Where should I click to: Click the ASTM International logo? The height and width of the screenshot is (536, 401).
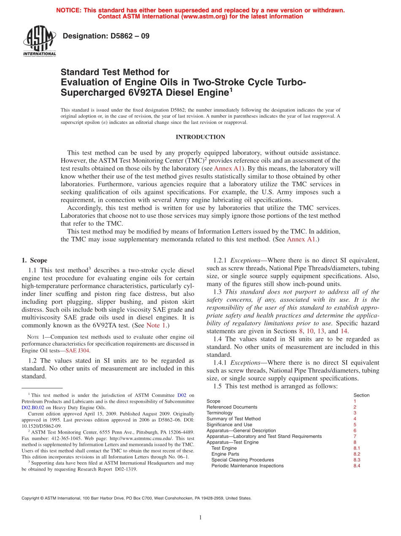coord(39,41)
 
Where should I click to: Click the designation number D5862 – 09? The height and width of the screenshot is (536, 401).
coord(106,36)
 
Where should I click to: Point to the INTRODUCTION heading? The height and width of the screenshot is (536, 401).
coord(200,137)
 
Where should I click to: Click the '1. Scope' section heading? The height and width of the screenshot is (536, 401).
coord(34,260)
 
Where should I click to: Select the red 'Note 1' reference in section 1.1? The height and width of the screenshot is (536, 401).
coord(155,325)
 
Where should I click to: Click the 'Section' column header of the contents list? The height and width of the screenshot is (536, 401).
coord(361,395)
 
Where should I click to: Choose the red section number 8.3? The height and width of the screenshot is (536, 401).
coord(357,460)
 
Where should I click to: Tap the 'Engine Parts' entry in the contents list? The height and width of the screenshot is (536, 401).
coord(225,454)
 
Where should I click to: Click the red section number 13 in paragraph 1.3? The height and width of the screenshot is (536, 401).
coord(332,331)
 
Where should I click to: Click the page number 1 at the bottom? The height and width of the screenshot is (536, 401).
coord(200,517)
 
